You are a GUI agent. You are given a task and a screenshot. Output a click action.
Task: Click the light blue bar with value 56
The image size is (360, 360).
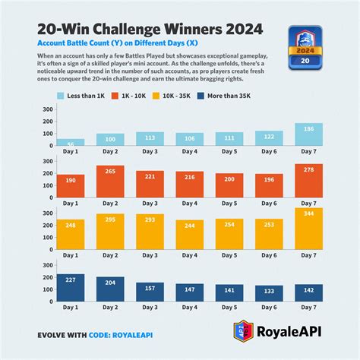(71, 142)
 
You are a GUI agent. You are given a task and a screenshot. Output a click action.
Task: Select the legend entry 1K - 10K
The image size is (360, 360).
(144, 96)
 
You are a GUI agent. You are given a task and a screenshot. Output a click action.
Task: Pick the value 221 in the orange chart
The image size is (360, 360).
(149, 175)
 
